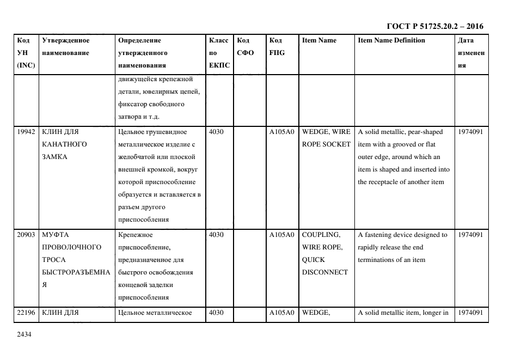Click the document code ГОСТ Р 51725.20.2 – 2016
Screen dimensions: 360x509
tap(434, 26)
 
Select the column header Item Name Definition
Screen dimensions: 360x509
tap(391, 40)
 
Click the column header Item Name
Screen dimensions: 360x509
tap(319, 40)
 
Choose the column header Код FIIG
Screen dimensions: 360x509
tap(277, 46)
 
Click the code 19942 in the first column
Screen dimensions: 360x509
tap(26, 132)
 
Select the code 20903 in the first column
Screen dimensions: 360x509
tap(26, 235)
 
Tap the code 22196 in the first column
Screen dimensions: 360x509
tap(26, 313)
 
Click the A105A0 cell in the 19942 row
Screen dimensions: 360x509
tap(281, 132)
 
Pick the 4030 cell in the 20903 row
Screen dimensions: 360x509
tap(216, 235)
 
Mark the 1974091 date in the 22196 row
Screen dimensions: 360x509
tap(470, 313)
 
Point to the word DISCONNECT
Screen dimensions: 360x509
tap(325, 272)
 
